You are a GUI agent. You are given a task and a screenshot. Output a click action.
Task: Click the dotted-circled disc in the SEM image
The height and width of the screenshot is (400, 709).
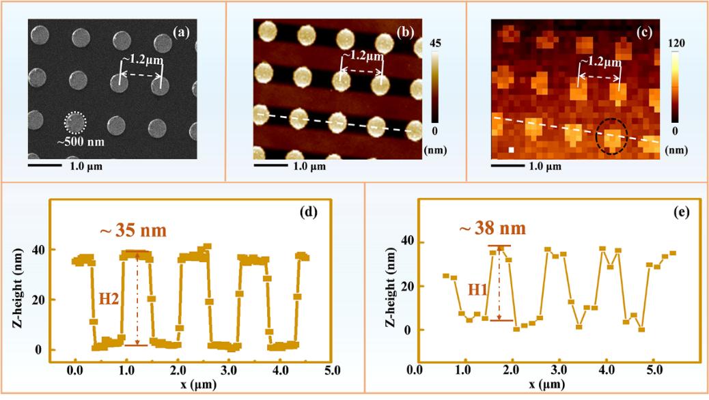[76, 123]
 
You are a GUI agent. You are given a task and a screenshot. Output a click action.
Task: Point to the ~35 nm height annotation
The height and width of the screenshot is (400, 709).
[134, 230]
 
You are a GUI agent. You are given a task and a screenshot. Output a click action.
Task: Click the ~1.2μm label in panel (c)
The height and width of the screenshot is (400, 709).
[601, 63]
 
